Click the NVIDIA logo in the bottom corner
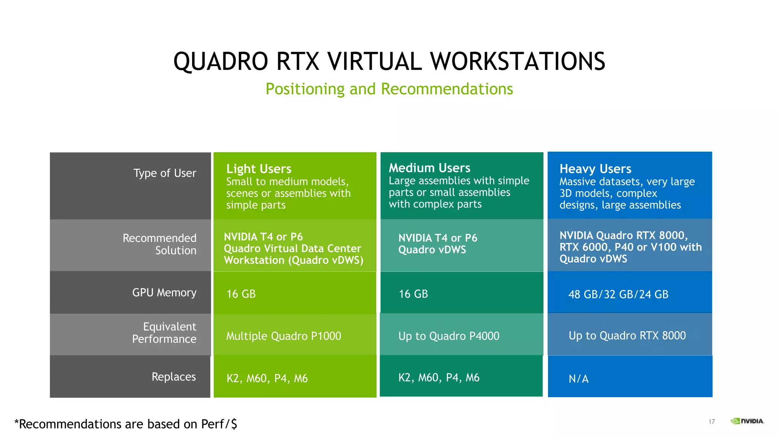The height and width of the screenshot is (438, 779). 747,421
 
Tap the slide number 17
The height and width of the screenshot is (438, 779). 711,421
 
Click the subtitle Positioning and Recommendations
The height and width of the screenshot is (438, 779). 389,89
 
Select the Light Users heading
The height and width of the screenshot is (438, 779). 259,168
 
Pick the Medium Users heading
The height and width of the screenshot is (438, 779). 429,168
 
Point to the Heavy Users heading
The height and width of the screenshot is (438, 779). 595,168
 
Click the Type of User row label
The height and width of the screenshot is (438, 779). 165,173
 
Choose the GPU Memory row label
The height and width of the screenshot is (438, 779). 164,292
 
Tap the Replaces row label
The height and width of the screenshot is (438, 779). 173,376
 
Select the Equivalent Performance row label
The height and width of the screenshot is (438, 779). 164,333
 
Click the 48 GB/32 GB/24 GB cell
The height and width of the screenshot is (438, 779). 618,294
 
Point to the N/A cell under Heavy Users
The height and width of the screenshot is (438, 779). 579,379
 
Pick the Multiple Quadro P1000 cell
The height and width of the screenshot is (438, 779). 283,336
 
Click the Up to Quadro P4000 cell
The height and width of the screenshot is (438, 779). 449,336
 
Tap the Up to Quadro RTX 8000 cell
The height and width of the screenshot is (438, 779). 627,335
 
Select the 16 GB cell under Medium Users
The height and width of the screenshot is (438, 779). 413,294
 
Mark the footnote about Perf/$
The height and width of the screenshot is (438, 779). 126,424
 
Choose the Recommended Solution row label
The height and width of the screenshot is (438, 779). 159,244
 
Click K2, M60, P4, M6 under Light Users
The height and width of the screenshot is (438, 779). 267,378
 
